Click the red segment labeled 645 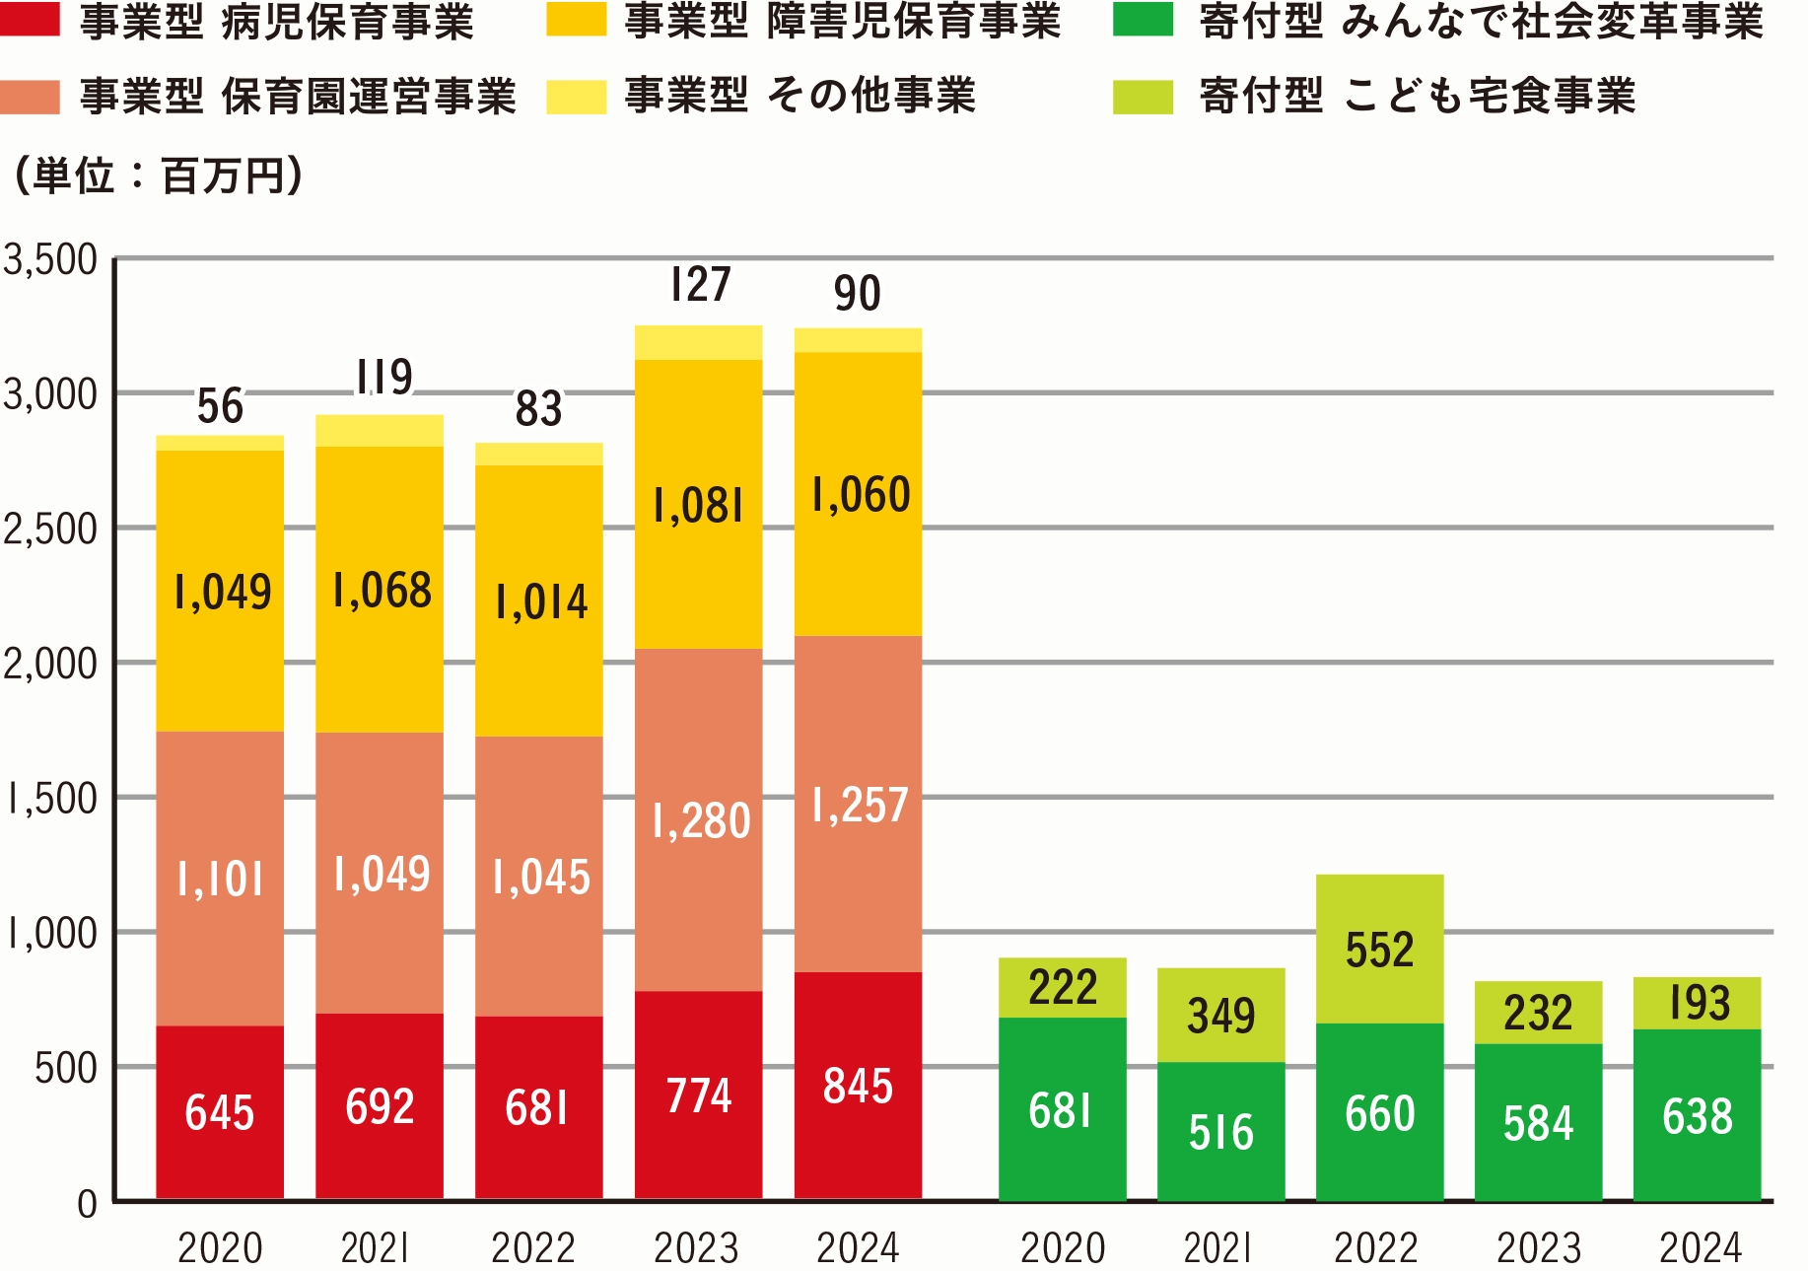[220, 1112]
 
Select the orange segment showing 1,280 [699, 820]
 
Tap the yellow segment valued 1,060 [859, 495]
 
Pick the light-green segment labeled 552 [1379, 950]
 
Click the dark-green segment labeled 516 [1220, 1132]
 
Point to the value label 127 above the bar [700, 286]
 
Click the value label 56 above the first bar [220, 406]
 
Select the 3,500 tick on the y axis [51, 260]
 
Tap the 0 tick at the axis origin [88, 1203]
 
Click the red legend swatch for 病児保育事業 [30, 21]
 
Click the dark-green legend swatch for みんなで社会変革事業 [1143, 21]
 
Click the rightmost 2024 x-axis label [1700, 1248]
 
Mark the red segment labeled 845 [859, 1086]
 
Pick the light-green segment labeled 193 [1698, 1004]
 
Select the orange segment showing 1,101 [220, 879]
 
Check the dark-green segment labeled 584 [1538, 1123]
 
